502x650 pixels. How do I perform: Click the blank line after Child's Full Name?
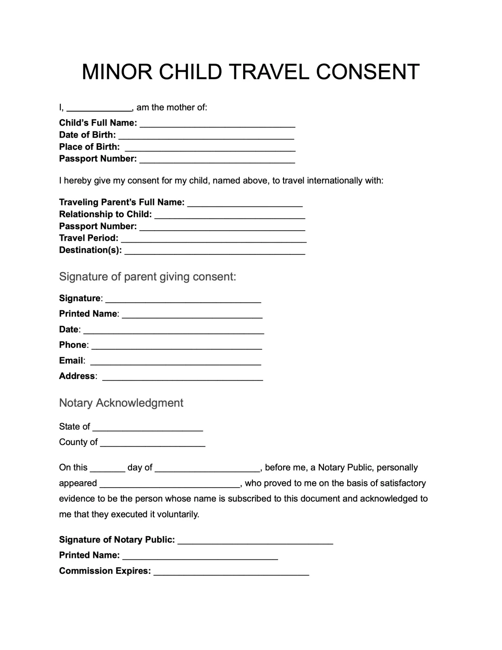217,124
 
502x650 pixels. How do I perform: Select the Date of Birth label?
87,135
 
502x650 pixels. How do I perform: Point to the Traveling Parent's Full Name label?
122,202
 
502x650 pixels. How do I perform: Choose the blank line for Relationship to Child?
230,215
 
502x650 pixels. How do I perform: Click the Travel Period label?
89,238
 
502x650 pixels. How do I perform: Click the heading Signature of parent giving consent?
147,277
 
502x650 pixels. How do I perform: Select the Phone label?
73,345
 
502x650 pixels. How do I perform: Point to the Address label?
77,376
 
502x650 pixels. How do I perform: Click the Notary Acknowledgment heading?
121,403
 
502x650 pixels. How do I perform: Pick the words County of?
78,442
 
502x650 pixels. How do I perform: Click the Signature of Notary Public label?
117,540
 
